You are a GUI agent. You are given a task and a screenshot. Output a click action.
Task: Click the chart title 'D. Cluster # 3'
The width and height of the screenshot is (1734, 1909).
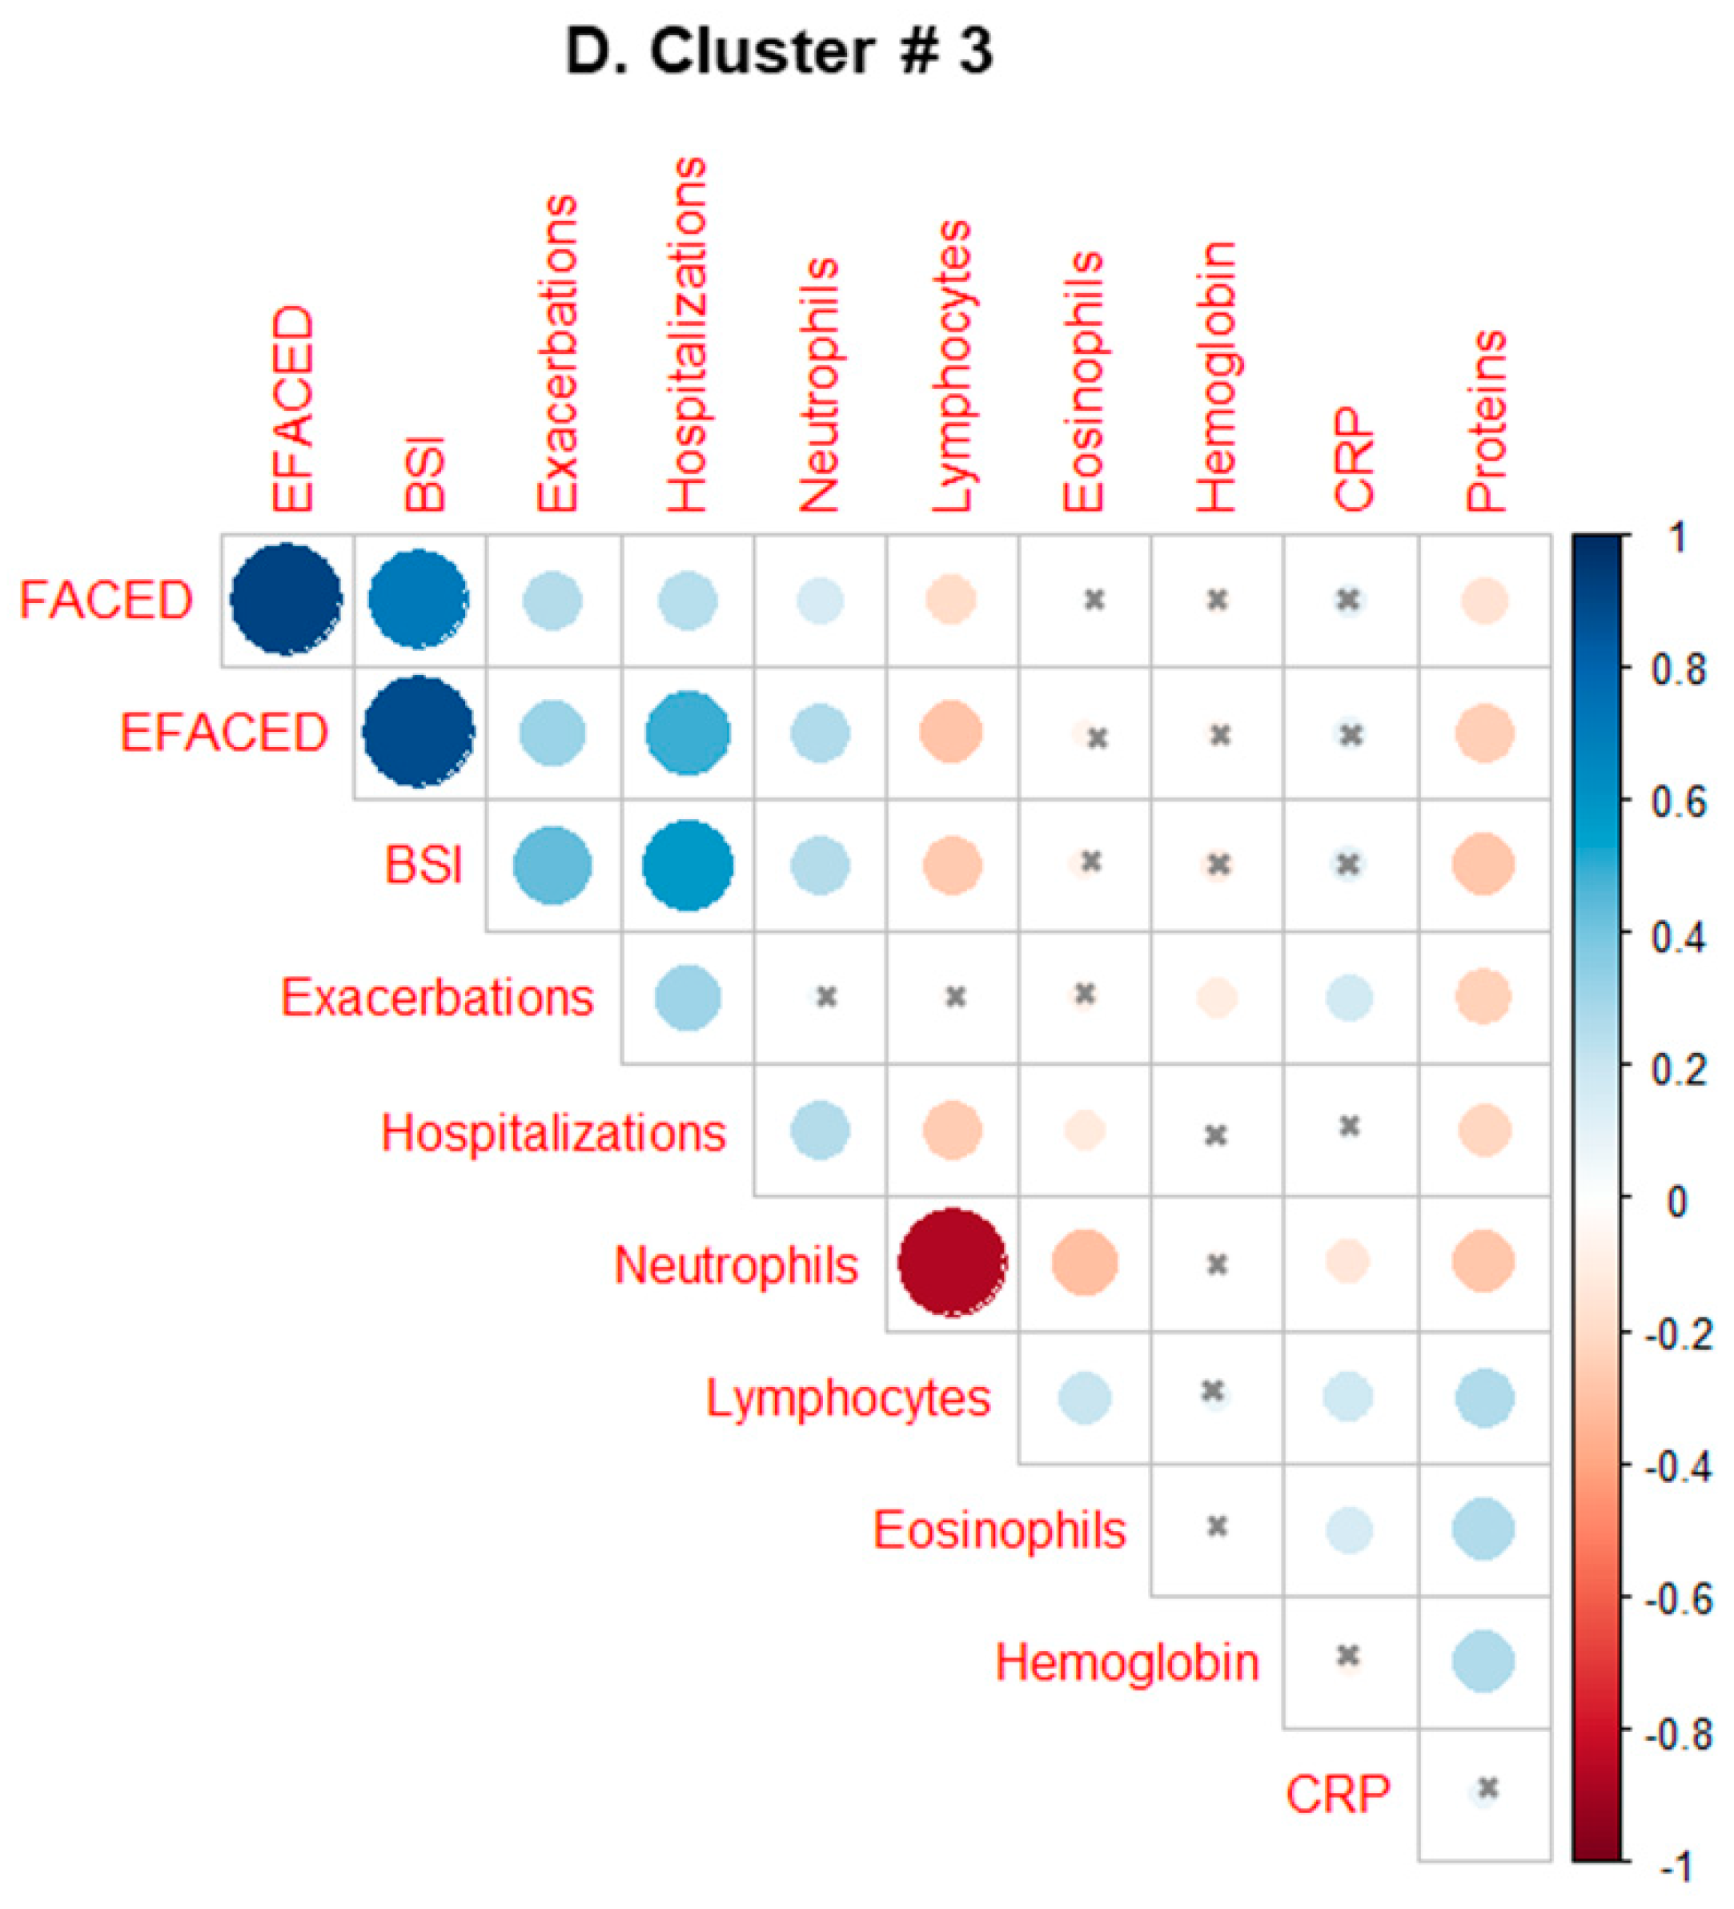778,51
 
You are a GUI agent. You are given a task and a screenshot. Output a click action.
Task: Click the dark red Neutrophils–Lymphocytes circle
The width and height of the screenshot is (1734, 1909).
951,1261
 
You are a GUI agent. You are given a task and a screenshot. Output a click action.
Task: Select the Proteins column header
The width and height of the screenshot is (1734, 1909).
1485,421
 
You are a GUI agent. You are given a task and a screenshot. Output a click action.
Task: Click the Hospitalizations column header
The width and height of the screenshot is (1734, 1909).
687,336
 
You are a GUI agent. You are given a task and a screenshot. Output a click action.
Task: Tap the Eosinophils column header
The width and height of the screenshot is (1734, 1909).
1084,382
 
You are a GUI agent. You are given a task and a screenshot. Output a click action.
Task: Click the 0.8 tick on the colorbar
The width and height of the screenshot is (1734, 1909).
1678,670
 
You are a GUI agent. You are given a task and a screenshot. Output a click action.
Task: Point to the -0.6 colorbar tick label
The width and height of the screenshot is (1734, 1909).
1678,1599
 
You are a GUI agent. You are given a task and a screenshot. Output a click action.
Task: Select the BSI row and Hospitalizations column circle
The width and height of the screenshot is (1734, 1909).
687,866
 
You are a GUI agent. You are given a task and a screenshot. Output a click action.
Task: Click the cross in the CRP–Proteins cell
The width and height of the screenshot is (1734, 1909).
1487,1788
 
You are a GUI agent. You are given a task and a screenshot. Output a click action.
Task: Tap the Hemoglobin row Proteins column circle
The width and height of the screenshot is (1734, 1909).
1483,1661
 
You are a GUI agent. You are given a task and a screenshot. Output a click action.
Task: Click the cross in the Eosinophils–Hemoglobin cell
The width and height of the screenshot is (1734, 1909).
1217,1525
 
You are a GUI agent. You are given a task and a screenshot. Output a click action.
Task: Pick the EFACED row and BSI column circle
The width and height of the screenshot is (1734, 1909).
419,732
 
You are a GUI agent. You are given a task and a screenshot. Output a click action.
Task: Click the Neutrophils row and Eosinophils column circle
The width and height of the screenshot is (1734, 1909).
1085,1262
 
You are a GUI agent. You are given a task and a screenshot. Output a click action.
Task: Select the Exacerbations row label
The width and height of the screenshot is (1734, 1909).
436,997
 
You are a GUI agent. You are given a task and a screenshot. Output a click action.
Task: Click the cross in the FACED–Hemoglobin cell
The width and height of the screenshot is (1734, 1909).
1217,600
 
